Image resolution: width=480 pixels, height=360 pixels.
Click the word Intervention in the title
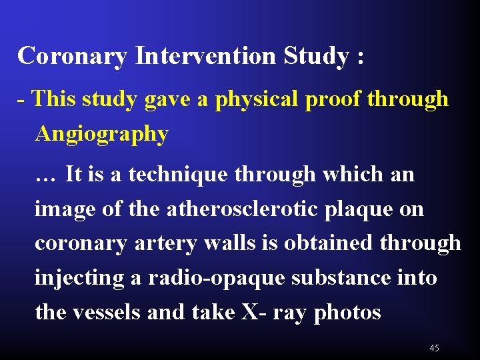click(x=205, y=56)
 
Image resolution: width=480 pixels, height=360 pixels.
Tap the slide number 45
click(x=435, y=348)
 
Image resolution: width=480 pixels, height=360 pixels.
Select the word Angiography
click(x=101, y=134)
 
